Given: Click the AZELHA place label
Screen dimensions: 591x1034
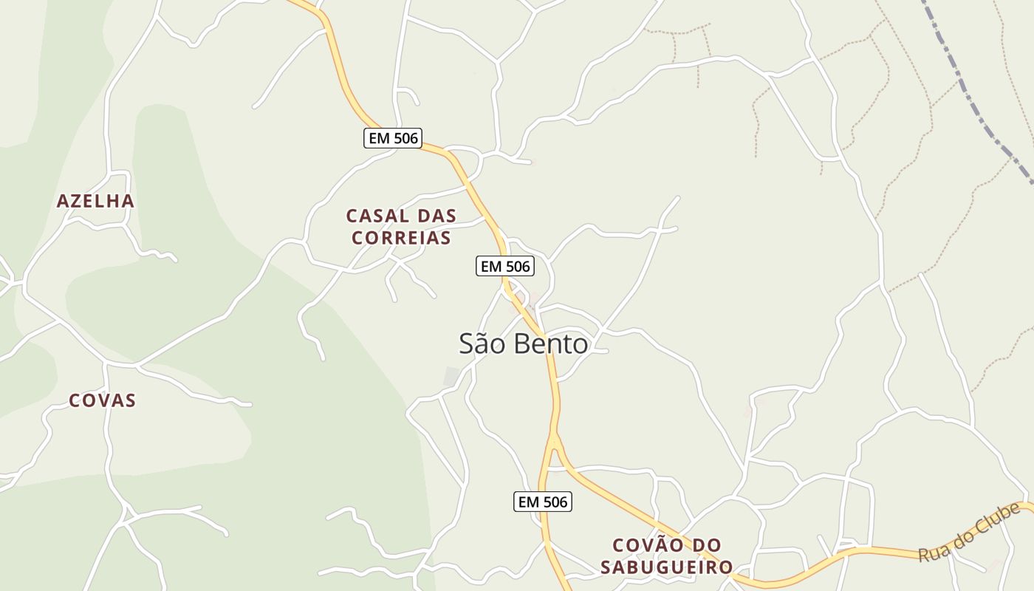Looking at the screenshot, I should pos(95,201).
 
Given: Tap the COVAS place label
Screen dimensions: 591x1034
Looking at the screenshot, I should pos(103,400).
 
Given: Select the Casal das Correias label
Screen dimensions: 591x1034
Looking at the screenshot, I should pos(401,227).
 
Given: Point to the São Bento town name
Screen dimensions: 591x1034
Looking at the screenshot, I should pos(524,344).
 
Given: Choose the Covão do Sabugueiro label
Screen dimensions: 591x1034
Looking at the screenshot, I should pos(666,556).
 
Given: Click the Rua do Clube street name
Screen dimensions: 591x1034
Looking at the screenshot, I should pos(969,532).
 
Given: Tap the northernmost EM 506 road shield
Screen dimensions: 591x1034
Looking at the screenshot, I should pos(392,138).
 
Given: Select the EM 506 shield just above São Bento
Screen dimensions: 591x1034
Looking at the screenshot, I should pos(505,267).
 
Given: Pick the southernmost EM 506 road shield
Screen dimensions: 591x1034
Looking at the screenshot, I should pos(543,502).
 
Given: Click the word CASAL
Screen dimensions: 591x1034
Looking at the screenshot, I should pos(371,216).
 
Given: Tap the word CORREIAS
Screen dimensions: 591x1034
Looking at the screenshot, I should pos(401,238).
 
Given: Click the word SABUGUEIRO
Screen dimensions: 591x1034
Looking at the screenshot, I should pos(666,567).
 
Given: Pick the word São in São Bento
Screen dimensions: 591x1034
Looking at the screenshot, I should pos(481,344).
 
